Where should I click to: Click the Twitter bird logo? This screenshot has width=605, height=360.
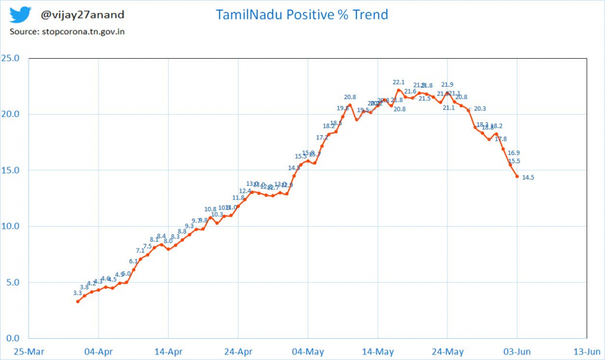(20, 14)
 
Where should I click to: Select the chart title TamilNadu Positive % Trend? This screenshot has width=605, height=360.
(301, 14)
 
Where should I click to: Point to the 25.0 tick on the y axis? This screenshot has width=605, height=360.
(12, 58)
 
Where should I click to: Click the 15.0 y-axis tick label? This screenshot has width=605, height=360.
(12, 170)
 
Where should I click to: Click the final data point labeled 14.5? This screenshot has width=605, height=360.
(517, 176)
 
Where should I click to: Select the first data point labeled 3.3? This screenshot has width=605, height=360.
(78, 301)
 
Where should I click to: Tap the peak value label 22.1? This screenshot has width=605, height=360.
(399, 83)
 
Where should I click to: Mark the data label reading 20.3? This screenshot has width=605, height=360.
(479, 109)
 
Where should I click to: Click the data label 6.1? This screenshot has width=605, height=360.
(133, 261)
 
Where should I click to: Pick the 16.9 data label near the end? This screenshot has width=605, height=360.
(513, 153)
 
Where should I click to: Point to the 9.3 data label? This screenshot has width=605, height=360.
(189, 226)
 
